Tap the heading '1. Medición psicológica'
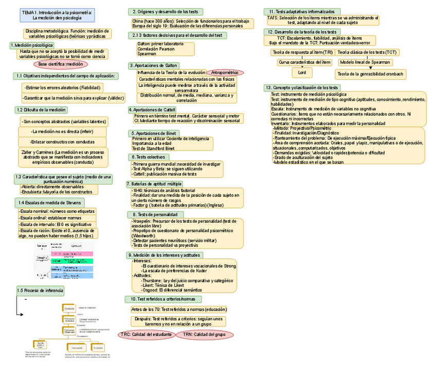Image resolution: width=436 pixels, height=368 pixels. click(31, 45)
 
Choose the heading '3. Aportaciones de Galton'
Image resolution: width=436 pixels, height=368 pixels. click(154, 66)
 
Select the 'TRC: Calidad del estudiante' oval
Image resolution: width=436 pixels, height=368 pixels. click(146, 335)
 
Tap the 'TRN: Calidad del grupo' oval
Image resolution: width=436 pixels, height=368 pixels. click(205, 335)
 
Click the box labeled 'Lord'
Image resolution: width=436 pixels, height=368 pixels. click(302, 73)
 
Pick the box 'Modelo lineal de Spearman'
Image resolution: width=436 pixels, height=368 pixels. click(365, 62)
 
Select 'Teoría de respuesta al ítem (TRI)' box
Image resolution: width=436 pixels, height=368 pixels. click(302, 52)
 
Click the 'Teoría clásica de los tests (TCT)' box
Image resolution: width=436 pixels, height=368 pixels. click(368, 52)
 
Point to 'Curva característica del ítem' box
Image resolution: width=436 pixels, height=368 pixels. click(305, 62)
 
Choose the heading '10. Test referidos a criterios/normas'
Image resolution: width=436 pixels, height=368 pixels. click(163, 299)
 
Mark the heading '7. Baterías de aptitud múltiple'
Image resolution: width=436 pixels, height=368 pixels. click(154, 184)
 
